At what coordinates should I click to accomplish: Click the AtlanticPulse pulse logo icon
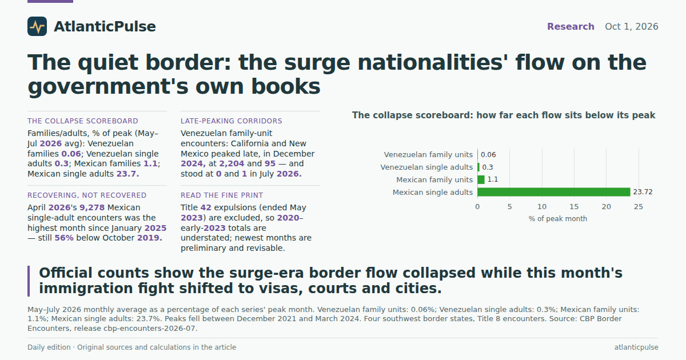[37, 26]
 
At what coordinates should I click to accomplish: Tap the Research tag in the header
[571, 27]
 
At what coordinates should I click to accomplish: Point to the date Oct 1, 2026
[632, 27]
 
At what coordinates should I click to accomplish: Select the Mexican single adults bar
[554, 192]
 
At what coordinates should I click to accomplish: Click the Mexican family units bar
[481, 179]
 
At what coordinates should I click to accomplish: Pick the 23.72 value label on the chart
[643, 192]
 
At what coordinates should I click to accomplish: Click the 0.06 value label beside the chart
[488, 155]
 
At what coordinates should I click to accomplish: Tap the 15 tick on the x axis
[574, 207]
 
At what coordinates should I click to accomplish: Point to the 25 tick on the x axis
[639, 207]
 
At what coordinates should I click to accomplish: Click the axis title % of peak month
[558, 218]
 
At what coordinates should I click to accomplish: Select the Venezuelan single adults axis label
[426, 167]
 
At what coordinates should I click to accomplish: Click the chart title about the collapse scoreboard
[504, 115]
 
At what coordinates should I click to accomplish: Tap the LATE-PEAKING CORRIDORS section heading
[231, 121]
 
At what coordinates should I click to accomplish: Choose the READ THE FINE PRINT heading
[222, 195]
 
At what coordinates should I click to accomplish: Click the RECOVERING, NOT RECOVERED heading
[87, 195]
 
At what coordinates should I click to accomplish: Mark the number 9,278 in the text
[92, 207]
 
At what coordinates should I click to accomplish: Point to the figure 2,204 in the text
[232, 164]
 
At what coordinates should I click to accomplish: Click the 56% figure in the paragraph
[64, 238]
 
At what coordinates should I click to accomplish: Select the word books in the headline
[286, 86]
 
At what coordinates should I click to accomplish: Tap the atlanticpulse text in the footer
[636, 347]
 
